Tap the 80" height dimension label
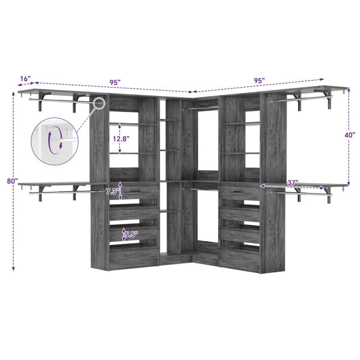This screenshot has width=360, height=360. pos(6,182)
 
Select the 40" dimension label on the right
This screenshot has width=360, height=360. pos(350,135)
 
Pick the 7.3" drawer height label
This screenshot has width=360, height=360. pos(113,191)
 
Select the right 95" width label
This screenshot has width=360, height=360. pos(259,81)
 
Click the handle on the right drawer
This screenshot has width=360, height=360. pos(237,192)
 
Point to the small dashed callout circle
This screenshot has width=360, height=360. pos(99,102)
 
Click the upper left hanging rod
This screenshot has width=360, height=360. pos(57,100)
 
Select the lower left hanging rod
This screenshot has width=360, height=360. pos(57,192)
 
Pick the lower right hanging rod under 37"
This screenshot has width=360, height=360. pos(303,193)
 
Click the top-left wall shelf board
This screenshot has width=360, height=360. pos(51,92)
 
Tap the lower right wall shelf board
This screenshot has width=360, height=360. pos(309,184)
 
